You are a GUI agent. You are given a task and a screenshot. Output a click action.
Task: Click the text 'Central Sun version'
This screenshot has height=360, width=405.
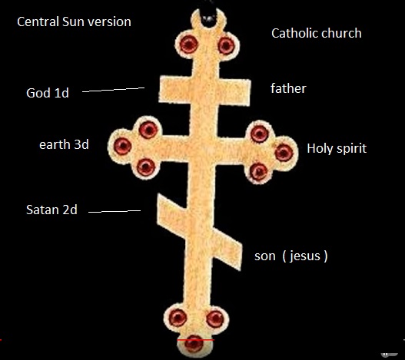tap(74, 21)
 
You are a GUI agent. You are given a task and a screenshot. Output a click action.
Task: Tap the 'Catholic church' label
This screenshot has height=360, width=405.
tap(317, 33)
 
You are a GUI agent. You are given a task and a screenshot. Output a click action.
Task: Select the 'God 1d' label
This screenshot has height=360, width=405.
tap(48, 93)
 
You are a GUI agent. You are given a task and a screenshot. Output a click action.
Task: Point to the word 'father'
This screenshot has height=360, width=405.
tap(288, 88)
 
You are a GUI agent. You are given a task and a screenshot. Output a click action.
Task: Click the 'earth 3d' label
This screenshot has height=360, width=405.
tap(64, 144)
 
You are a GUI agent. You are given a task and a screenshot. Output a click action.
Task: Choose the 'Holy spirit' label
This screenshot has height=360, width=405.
tap(337, 149)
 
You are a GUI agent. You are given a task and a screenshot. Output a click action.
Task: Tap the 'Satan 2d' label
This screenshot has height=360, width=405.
tap(51, 210)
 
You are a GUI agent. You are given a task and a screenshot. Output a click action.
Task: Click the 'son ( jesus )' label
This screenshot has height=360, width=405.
tap(291, 256)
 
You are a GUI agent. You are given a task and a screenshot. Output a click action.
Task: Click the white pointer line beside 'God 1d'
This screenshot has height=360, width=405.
tap(113, 90)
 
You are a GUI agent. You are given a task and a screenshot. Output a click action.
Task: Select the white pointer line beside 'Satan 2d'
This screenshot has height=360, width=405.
tap(115, 211)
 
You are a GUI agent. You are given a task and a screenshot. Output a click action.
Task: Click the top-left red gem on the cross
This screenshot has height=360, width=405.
tap(189, 44)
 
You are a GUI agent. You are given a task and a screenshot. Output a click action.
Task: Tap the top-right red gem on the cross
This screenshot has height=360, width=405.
tap(226, 46)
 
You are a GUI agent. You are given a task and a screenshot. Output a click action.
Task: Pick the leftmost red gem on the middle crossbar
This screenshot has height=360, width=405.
tap(123, 147)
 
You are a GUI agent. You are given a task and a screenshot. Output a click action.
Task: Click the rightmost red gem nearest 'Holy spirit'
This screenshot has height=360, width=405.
tap(284, 153)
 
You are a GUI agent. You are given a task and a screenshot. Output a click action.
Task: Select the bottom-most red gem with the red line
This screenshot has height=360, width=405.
tap(194, 344)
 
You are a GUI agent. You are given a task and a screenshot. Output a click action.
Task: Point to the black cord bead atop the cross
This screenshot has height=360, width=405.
tap(209, 18)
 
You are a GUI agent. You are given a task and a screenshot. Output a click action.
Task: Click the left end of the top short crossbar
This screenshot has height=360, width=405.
tap(160, 88)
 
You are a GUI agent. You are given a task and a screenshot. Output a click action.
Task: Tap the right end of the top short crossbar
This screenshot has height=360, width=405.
tap(250, 92)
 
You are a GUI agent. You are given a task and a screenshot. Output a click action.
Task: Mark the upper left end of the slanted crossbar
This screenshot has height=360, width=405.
tap(158, 196)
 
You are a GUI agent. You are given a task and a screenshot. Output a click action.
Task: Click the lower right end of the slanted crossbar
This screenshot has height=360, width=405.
tap(241, 269)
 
